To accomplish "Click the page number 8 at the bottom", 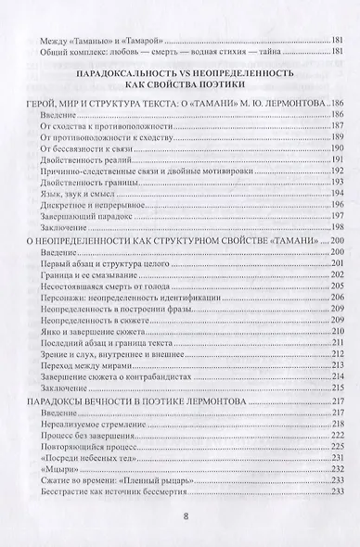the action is (x=180, y=517).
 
